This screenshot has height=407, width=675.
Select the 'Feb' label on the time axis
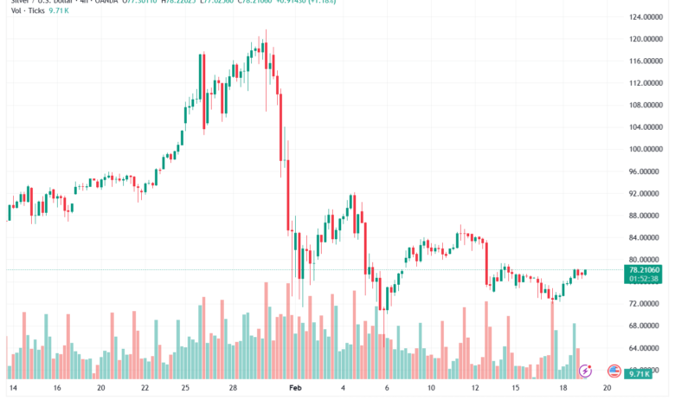[x=294, y=390]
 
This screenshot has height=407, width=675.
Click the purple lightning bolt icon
[x=585, y=371]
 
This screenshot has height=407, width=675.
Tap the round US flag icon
[x=614, y=371]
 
